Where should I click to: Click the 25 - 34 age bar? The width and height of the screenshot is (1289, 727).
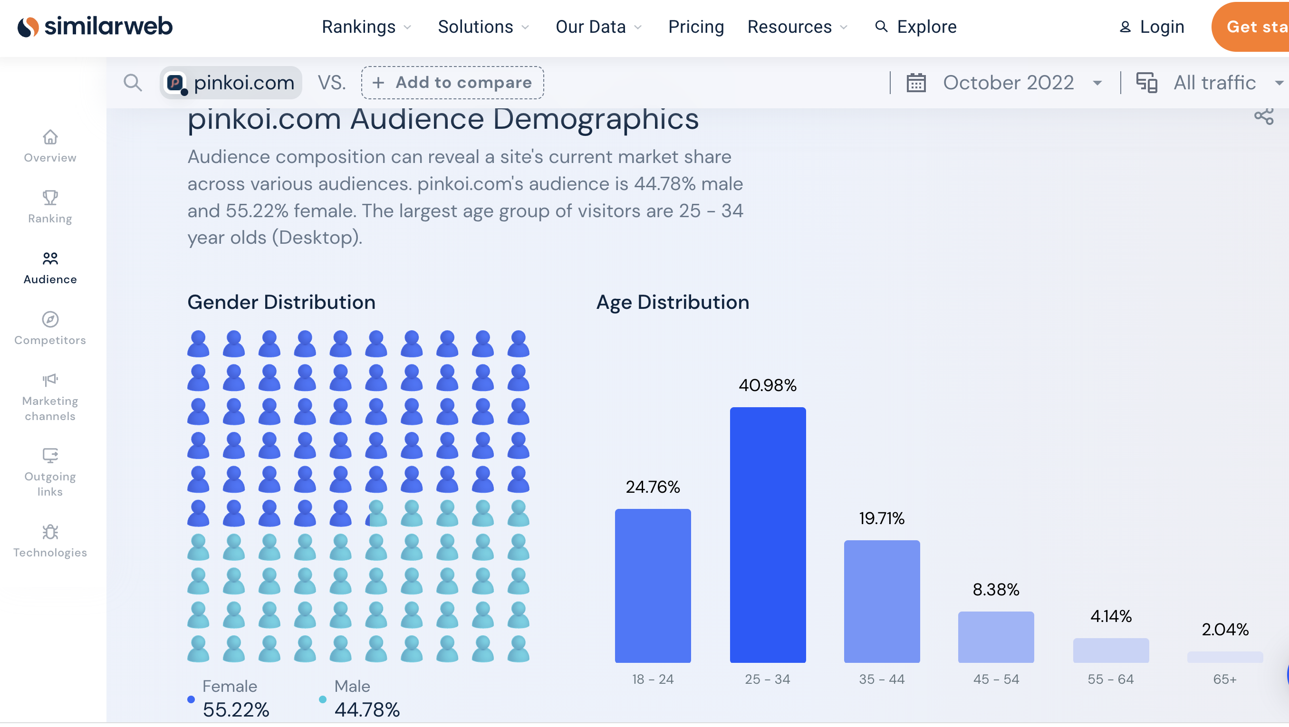click(x=768, y=535)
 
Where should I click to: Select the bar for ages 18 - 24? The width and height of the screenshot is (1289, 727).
click(x=653, y=586)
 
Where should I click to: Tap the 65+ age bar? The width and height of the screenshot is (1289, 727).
click(x=1225, y=657)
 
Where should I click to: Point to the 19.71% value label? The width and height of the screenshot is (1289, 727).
click(x=882, y=518)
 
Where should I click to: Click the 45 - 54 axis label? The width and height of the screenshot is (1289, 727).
click(x=996, y=679)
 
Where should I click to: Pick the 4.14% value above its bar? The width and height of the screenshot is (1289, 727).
click(x=1111, y=616)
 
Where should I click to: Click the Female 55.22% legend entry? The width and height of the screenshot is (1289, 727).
click(x=229, y=698)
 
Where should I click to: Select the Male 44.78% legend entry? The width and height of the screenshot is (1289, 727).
click(x=360, y=698)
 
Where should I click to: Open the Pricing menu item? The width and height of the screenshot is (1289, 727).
click(x=696, y=27)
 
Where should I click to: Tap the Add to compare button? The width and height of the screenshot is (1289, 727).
click(x=452, y=83)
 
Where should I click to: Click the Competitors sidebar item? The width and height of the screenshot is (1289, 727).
click(x=50, y=328)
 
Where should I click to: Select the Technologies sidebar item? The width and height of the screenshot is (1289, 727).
click(x=50, y=541)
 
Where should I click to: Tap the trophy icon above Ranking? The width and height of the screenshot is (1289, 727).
click(x=50, y=198)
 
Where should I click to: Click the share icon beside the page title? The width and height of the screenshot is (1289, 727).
click(x=1263, y=116)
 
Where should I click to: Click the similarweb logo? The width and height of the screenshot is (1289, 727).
click(x=95, y=27)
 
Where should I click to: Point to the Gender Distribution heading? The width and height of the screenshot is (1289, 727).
click(x=281, y=302)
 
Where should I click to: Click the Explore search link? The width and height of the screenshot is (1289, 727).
click(x=916, y=27)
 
